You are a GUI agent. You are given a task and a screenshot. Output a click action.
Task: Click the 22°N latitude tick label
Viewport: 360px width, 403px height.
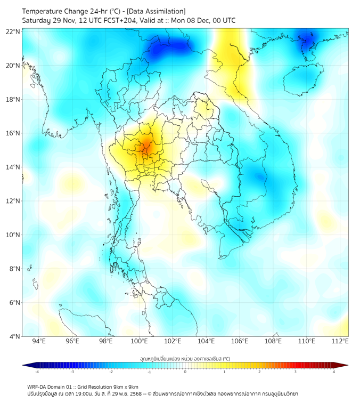13,32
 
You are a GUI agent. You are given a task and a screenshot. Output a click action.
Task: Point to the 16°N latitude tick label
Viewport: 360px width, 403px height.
13,133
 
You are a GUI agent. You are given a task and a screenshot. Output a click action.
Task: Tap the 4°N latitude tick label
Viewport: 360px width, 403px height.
15,336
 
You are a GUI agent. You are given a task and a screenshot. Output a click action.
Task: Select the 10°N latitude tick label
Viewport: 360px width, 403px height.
13,235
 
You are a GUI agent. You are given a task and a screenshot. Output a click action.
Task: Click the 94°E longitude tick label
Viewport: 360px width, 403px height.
39,342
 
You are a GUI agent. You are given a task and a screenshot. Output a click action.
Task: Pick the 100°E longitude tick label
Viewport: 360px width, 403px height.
140,342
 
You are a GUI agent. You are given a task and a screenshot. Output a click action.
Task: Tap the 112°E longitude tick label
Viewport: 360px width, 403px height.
340,342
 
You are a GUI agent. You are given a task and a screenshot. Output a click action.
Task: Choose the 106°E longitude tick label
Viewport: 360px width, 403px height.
240,342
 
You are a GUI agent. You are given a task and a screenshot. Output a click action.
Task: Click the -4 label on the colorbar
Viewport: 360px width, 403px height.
36,372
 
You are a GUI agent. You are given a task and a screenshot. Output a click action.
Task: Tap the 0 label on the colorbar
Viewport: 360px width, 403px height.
185,372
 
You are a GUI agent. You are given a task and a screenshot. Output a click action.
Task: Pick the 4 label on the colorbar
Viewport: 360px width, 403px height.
334,372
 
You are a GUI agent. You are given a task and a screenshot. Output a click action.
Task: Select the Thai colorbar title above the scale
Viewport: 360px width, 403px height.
185,358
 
